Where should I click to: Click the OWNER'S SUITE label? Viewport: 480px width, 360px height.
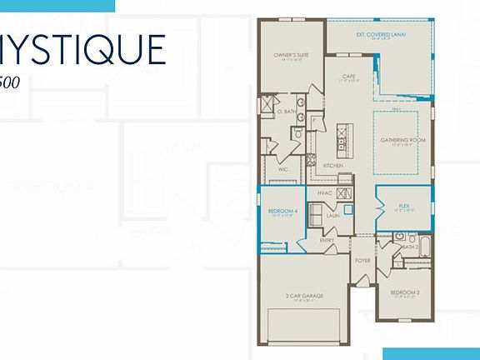click(x=292, y=55)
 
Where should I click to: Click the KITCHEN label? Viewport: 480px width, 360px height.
click(x=333, y=166)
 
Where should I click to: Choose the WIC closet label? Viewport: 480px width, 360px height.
click(x=283, y=169)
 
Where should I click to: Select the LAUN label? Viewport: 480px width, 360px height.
click(x=332, y=216)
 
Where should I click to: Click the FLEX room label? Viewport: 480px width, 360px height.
click(x=405, y=206)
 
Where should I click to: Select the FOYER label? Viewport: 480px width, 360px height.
click(x=362, y=260)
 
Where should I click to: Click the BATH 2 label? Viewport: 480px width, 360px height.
click(x=408, y=247)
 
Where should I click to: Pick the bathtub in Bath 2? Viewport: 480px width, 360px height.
click(x=425, y=247)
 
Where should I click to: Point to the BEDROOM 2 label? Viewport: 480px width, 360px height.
click(x=406, y=292)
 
